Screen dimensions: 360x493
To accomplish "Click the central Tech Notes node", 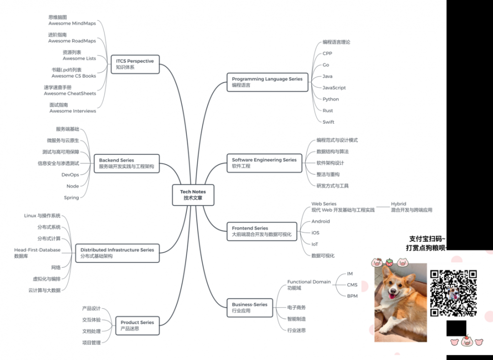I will [x=193, y=195].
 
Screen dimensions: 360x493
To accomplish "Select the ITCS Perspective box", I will [x=135, y=64].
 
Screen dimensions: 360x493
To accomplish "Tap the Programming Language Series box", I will [x=267, y=82].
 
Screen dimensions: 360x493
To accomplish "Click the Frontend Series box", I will [x=262, y=231].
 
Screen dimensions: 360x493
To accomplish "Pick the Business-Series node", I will [x=249, y=308].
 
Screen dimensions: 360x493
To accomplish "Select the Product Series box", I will [x=137, y=325].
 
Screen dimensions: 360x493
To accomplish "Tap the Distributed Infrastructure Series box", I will [x=117, y=253].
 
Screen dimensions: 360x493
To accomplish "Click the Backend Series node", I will [x=126, y=163].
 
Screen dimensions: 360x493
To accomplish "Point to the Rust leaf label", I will [x=328, y=110].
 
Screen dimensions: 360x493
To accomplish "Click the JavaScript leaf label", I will [x=334, y=88].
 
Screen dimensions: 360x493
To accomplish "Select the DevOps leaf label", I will [x=70, y=175].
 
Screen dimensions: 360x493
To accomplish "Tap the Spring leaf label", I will [x=71, y=198].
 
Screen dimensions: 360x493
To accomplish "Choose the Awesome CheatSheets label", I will [x=70, y=93].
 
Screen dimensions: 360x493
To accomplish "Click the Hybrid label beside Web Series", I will [x=398, y=204].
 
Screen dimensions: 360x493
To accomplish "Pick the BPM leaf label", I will [x=352, y=296].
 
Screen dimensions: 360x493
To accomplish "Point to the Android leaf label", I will [x=320, y=221].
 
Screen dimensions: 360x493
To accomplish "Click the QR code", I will [x=453, y=293].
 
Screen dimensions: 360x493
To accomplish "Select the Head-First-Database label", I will [x=37, y=250].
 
